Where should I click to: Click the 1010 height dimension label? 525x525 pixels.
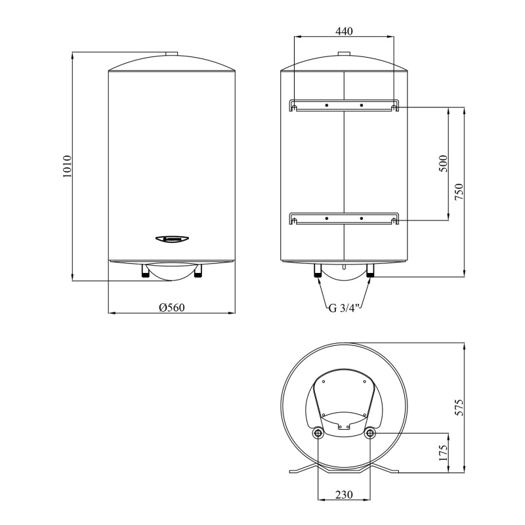pyautogui.click(x=66, y=167)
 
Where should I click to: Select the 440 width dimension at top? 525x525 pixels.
pyautogui.click(x=344, y=31)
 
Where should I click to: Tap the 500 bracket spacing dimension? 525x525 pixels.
pyautogui.click(x=442, y=163)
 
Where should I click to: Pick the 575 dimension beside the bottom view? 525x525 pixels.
pyautogui.click(x=459, y=407)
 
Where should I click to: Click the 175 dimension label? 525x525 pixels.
pyautogui.click(x=442, y=453)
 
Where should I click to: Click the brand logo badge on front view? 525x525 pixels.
pyautogui.click(x=172, y=240)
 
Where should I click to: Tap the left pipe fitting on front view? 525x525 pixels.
pyautogui.click(x=146, y=270)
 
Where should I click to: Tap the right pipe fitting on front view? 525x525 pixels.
pyautogui.click(x=198, y=270)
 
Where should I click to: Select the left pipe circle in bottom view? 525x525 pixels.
pyautogui.click(x=318, y=433)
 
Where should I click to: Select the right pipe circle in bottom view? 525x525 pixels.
pyautogui.click(x=370, y=433)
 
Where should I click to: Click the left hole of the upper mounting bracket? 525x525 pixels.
pyautogui.click(x=326, y=105)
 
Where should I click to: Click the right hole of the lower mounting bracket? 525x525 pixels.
pyautogui.click(x=362, y=218)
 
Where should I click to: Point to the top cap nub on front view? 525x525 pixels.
pyautogui.click(x=172, y=54)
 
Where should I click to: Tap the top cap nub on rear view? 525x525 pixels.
pyautogui.click(x=344, y=54)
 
